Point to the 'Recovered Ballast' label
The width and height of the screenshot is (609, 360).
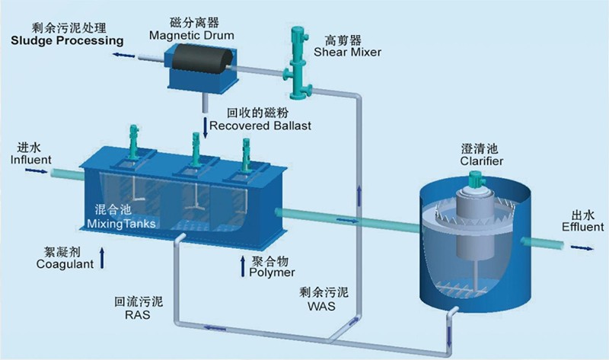(263, 125)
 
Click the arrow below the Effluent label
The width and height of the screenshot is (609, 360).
(582, 247)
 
